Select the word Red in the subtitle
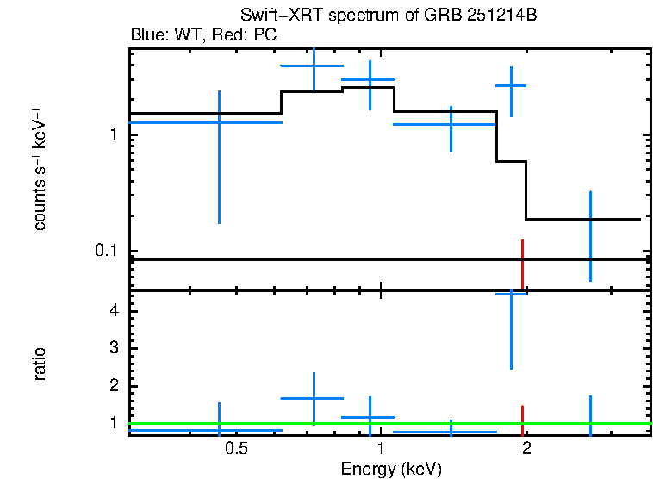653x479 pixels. (227, 35)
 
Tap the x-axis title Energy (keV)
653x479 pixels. (391, 469)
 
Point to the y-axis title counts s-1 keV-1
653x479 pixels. (40, 171)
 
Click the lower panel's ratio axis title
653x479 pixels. (40, 364)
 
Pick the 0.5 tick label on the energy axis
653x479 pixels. (237, 449)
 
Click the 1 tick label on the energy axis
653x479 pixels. (382, 449)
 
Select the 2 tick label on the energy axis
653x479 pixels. (526, 449)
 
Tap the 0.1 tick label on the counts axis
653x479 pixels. (105, 251)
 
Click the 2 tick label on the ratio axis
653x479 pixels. (113, 385)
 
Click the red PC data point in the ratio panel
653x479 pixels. (522, 419)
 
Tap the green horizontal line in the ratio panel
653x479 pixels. (302, 424)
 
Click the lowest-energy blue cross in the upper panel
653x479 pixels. (219, 123)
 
